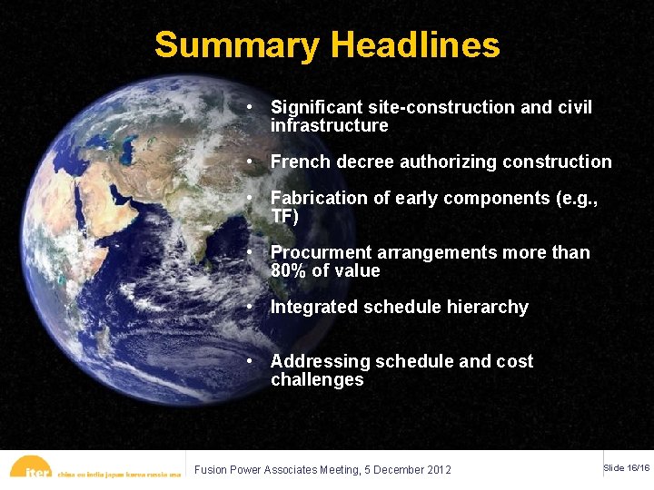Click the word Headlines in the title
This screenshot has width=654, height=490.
click(415, 44)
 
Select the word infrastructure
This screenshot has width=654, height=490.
click(329, 125)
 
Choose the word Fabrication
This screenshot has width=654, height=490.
click(317, 198)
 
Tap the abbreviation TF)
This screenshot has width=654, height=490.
click(284, 216)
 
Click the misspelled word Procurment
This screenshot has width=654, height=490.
click(318, 252)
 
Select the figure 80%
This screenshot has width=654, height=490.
click(288, 270)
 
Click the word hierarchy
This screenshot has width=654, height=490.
click(485, 307)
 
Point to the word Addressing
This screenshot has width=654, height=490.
click(317, 361)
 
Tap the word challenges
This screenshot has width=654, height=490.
click(317, 379)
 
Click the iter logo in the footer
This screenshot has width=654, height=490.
click(36, 469)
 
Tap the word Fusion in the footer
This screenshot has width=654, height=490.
click(212, 470)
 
